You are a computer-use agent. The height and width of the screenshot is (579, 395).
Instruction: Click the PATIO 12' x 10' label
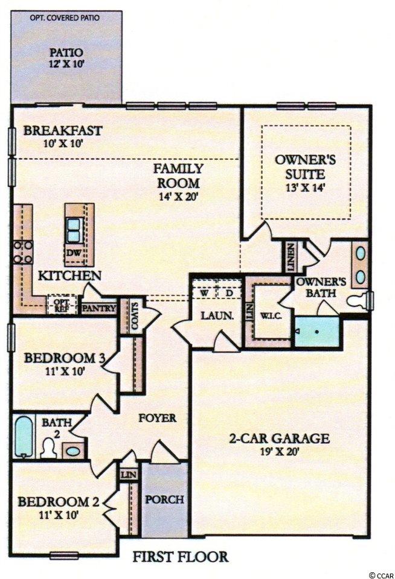coord(66,58)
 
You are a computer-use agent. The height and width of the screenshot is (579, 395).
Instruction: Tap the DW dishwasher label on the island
coord(73,253)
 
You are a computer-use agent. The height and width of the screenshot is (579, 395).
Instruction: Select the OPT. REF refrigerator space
coord(62,304)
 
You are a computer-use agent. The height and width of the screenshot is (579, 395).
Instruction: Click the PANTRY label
coord(99,308)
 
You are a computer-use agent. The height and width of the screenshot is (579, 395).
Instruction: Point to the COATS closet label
coord(135,316)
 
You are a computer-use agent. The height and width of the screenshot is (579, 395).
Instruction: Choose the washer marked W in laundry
coord(204,293)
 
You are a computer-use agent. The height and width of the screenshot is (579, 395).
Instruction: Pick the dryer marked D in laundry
coord(230,293)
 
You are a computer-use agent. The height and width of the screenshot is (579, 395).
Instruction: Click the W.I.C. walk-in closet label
coord(271,316)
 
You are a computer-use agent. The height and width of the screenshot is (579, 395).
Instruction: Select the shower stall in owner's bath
coord(317,332)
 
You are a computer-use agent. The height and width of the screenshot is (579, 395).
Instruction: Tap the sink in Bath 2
coord(73,451)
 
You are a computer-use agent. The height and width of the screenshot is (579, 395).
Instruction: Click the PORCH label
coord(164,499)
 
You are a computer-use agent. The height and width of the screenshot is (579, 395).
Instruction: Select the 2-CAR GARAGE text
coord(279,438)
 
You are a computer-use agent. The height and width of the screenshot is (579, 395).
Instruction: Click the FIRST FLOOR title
coord(181,557)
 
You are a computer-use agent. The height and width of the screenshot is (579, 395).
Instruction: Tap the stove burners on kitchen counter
coord(23,252)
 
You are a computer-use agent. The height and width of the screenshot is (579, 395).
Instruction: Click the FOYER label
coord(157,418)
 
